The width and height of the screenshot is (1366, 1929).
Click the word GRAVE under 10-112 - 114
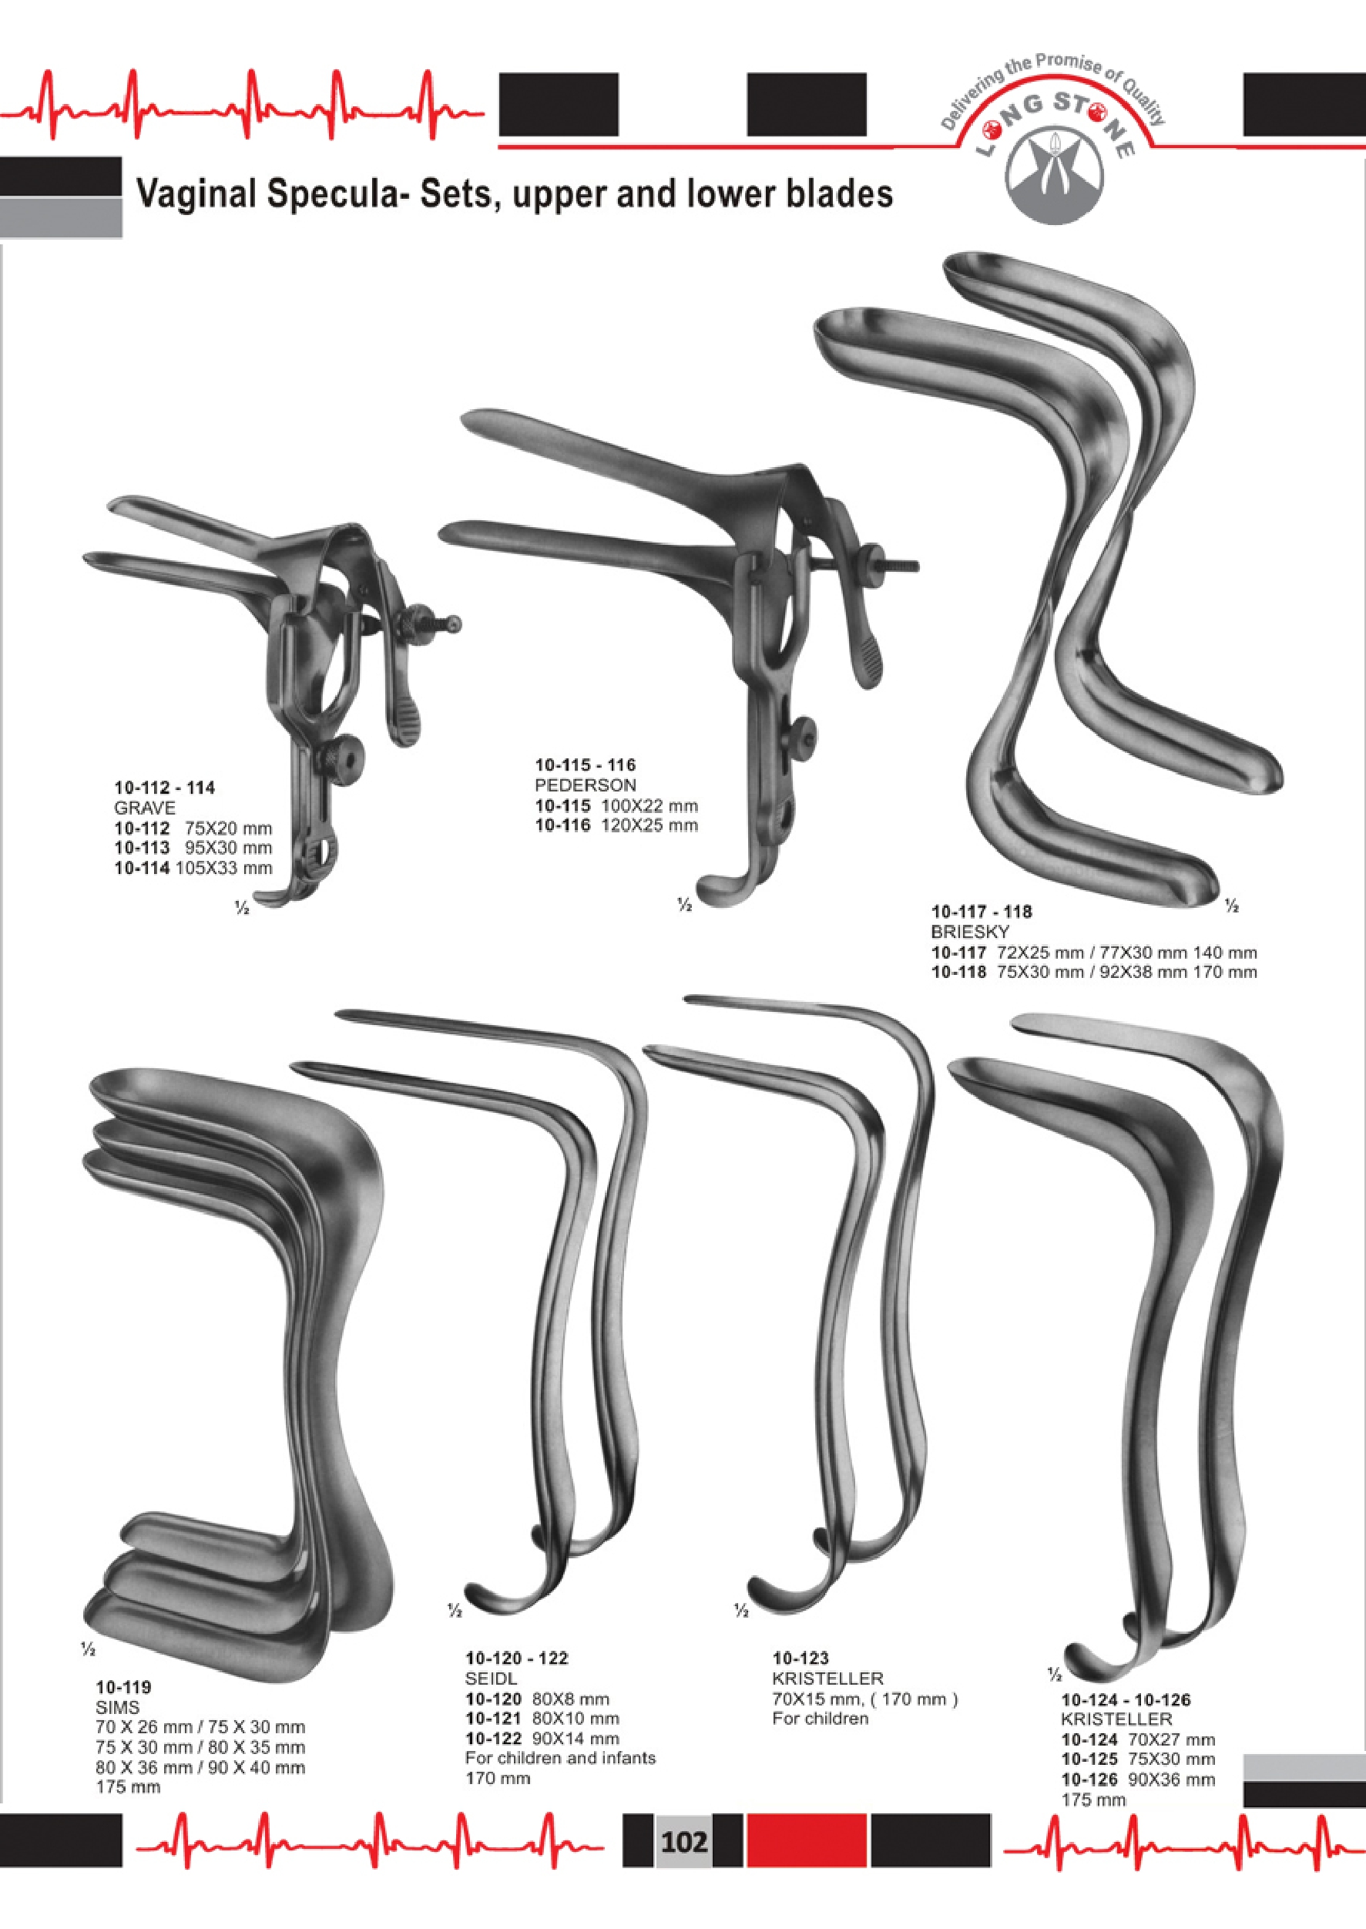pyautogui.click(x=145, y=808)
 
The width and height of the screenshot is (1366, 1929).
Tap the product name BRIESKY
pyautogui.click(x=969, y=932)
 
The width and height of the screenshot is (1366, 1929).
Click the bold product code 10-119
pyautogui.click(x=123, y=1687)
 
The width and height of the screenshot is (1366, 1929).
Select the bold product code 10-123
pyautogui.click(x=800, y=1658)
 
